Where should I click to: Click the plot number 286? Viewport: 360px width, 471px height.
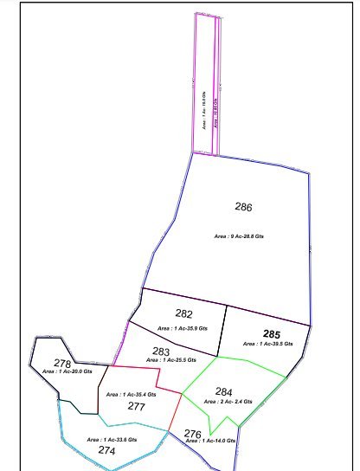click(243, 207)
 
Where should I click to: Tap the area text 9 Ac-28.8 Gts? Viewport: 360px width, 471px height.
click(244, 235)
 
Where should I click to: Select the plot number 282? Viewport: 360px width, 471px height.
click(183, 313)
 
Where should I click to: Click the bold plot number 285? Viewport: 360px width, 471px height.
click(272, 333)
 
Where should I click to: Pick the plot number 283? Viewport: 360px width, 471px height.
click(161, 351)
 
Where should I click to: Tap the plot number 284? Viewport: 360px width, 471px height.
click(224, 391)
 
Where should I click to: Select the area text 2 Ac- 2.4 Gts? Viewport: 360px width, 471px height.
click(227, 402)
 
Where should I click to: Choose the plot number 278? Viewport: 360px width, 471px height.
click(62, 364)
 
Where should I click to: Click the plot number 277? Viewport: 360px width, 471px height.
click(136, 405)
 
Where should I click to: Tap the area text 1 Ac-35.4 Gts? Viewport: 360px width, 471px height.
click(131, 395)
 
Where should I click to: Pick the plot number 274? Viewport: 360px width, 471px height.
click(106, 450)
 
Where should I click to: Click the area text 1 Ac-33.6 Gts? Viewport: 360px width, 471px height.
click(112, 440)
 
